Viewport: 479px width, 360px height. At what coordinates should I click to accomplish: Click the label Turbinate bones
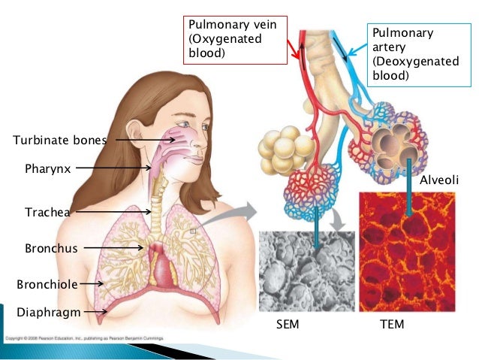[x=60, y=140]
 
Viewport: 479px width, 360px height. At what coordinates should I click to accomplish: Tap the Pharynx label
[x=48, y=169]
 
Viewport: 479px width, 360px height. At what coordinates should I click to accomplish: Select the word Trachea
[x=48, y=213]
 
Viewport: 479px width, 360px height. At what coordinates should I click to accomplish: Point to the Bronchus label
[x=51, y=248]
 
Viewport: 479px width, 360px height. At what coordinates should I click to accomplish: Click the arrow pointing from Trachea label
[x=113, y=213]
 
